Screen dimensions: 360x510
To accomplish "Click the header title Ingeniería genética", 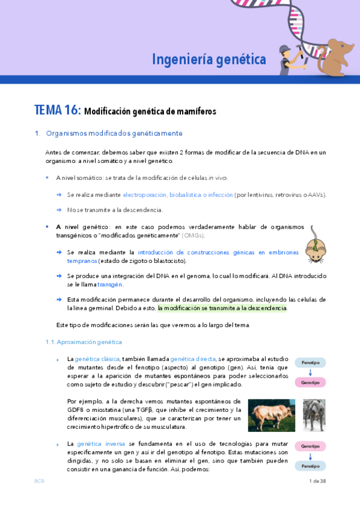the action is [x=209, y=60].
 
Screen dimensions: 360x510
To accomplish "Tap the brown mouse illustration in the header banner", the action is [x=337, y=57].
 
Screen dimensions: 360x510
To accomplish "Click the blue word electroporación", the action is [x=144, y=195].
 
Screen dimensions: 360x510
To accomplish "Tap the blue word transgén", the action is [x=110, y=284].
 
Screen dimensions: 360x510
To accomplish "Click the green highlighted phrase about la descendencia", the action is [x=222, y=308].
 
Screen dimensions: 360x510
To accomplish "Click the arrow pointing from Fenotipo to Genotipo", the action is [x=310, y=373].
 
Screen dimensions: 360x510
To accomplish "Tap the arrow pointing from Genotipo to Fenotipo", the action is [x=310, y=456].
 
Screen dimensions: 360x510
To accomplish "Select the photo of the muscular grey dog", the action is [x=314, y=415].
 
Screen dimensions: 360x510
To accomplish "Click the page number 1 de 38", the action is [x=317, y=481].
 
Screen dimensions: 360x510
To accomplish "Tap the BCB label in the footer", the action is [x=39, y=481].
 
